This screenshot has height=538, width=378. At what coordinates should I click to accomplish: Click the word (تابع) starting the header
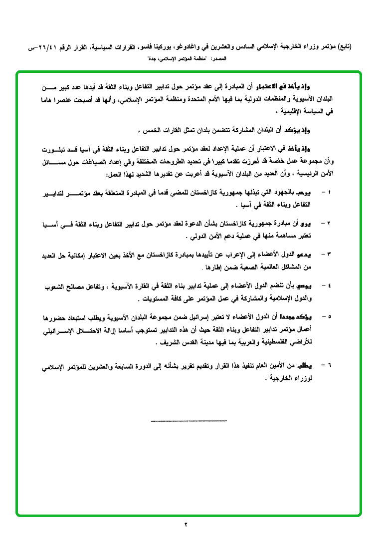coord(343,47)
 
